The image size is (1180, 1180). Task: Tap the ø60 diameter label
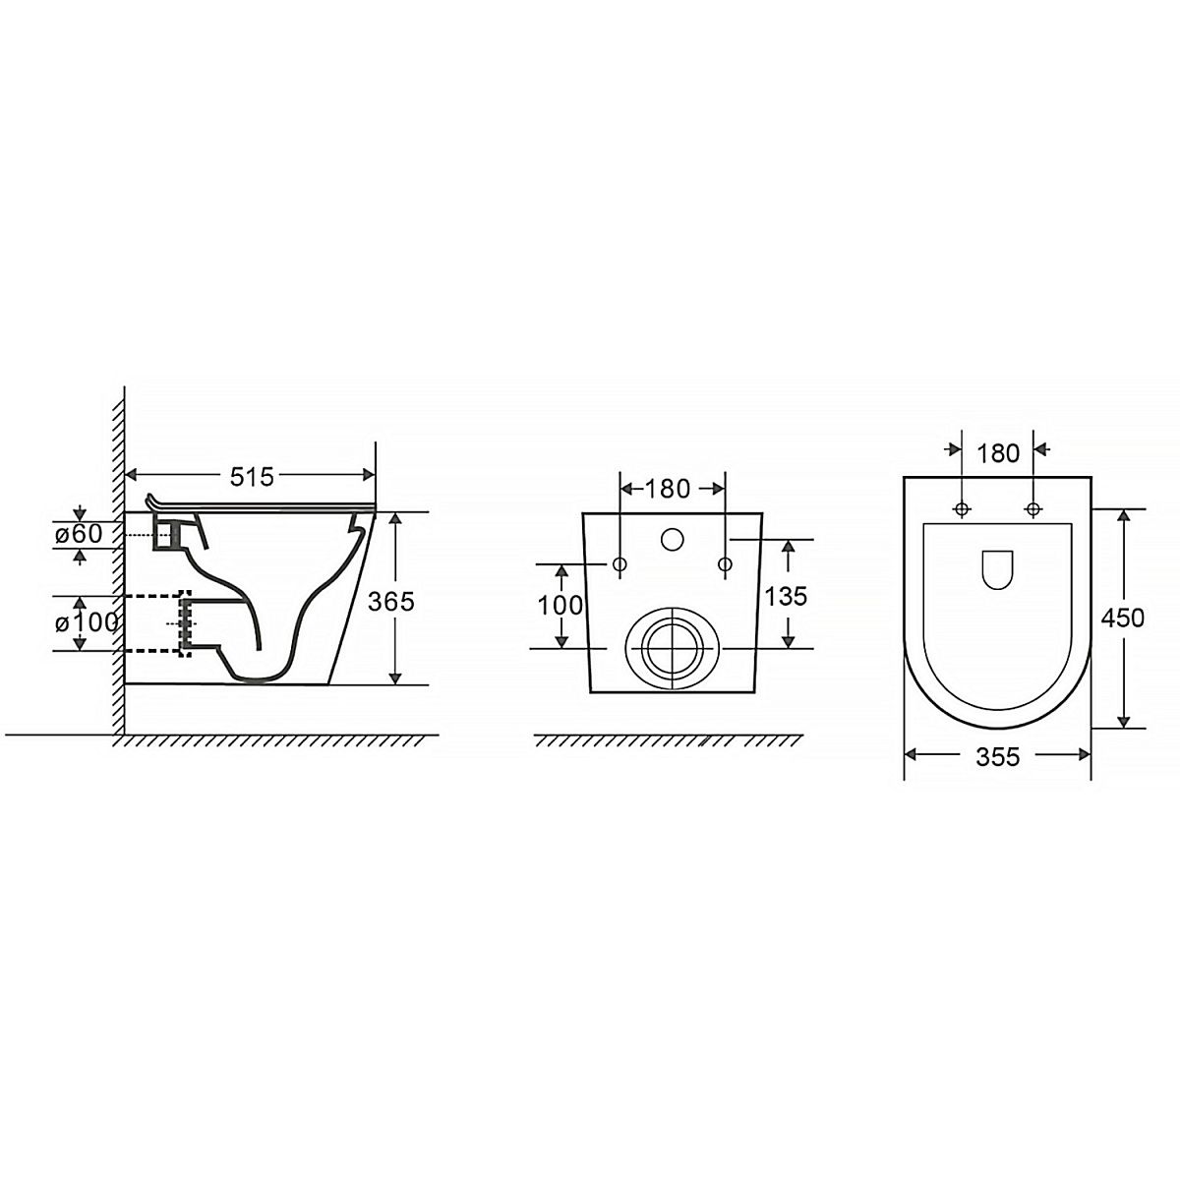click(79, 533)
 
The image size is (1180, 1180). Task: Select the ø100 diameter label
click(87, 622)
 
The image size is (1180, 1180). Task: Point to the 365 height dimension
click(390, 602)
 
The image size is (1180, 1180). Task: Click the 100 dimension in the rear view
click(560, 606)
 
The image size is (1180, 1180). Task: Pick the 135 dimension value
click(786, 596)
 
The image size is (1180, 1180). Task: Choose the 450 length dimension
click(1122, 618)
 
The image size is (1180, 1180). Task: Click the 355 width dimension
click(997, 757)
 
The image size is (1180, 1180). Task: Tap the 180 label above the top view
click(997, 453)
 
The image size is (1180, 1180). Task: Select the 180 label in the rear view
click(668, 489)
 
